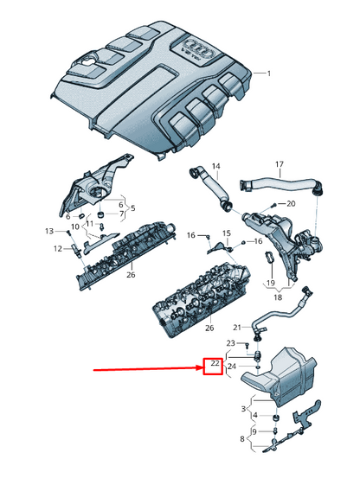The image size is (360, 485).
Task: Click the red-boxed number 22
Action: [x=212, y=368]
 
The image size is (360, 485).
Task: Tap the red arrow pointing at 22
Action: [x=147, y=368]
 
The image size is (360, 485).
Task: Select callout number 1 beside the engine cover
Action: [x=268, y=73]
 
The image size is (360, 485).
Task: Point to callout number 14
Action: [x=215, y=166]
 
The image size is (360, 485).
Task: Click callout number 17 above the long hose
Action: [x=279, y=164]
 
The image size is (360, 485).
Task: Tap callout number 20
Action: [x=291, y=204]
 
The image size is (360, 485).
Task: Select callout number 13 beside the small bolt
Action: [x=49, y=231]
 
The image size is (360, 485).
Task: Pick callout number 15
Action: [x=227, y=233]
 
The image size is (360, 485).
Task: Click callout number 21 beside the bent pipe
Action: [x=236, y=328]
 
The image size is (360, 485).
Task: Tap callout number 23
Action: [x=230, y=344]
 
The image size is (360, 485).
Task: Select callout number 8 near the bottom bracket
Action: [x=242, y=439]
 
